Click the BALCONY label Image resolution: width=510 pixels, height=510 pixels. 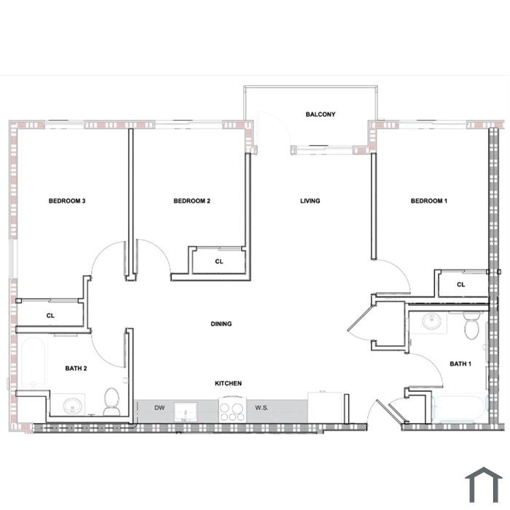[321, 114]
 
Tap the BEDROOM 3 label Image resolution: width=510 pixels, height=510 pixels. [67, 201]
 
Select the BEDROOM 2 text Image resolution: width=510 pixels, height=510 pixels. [192, 201]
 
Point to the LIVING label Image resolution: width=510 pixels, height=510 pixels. [310, 201]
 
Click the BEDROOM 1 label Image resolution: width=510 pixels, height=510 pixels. [429, 201]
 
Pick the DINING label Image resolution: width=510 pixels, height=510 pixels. [221, 323]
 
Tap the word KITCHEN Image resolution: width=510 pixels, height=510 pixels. [228, 383]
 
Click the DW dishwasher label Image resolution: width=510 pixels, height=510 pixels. [160, 407]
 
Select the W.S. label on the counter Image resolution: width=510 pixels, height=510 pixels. [262, 407]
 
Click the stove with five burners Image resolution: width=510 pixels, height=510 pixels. [232, 411]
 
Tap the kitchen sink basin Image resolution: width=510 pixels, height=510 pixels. [186, 412]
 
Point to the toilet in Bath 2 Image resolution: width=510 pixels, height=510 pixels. [112, 401]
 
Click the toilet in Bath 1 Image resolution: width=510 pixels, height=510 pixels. [471, 326]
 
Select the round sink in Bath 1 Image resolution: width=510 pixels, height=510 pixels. [431, 322]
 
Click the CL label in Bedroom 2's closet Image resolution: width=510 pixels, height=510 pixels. [219, 262]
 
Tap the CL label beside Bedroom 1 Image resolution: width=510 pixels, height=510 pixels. [461, 285]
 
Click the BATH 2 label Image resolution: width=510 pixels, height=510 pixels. [76, 369]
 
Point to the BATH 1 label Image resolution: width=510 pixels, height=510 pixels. [460, 364]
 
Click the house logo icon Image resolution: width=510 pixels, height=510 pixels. [484, 485]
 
